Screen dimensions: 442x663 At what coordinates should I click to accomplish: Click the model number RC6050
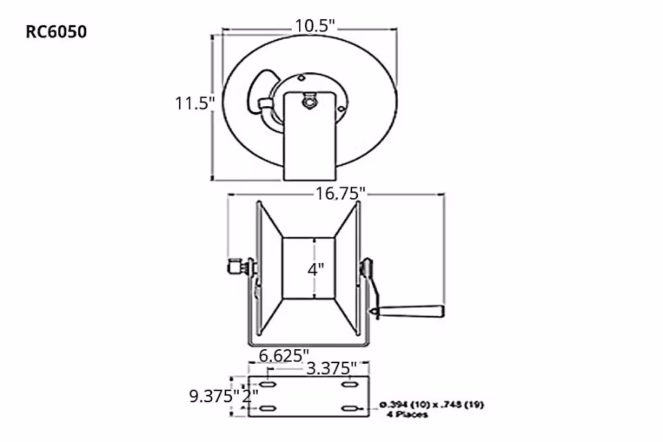coord(56,32)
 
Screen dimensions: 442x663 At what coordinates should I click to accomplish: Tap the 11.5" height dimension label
coord(194,103)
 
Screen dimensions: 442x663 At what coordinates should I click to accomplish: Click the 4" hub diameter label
coord(316,269)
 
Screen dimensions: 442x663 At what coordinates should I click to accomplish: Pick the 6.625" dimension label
coord(284,356)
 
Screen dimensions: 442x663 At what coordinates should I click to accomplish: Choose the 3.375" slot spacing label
coord(331,367)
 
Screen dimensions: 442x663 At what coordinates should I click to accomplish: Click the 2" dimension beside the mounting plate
coord(250,396)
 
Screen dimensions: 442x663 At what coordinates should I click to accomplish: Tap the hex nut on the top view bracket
coord(309,102)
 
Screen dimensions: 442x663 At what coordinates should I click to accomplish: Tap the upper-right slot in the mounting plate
coord(351,385)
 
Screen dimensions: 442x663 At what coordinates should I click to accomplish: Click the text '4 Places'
coord(407,415)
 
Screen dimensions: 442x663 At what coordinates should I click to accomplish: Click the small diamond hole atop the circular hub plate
coord(301,76)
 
